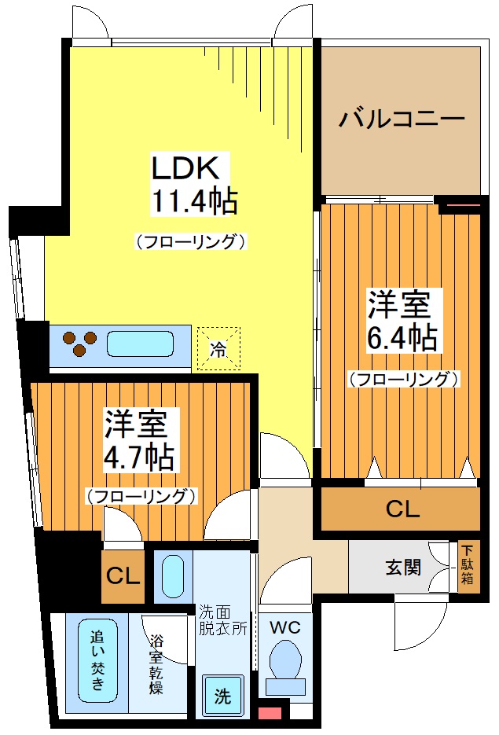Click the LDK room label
[x=190, y=168]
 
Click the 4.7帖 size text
[x=140, y=456]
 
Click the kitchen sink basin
[x=141, y=345]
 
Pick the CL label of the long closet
[x=402, y=509]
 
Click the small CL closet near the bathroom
[x=123, y=576]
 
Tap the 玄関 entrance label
[x=401, y=567]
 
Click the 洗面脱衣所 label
[x=222, y=618]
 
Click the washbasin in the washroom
[x=173, y=575]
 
